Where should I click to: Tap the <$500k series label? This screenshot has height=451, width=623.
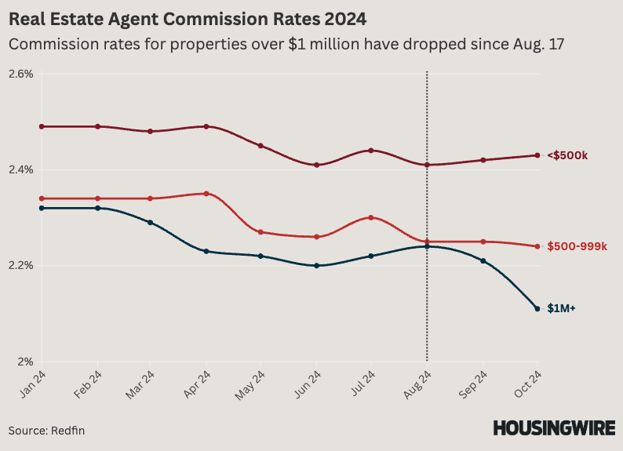point(567,155)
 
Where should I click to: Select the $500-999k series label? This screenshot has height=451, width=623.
point(577,247)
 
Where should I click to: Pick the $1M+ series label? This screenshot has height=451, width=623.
point(561,309)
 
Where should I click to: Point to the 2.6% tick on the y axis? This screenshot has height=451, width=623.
point(20,74)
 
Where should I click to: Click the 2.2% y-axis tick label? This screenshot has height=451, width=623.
point(20,266)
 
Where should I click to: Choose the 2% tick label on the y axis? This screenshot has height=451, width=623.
point(25,362)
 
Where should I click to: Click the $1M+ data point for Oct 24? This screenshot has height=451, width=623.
point(537,308)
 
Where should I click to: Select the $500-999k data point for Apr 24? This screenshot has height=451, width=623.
point(206,194)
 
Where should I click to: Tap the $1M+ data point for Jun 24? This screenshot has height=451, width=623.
point(316,266)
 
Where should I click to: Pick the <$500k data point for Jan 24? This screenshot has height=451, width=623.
point(42,126)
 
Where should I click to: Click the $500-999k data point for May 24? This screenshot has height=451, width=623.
point(261,232)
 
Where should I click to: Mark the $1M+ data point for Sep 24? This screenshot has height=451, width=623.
point(483,260)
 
